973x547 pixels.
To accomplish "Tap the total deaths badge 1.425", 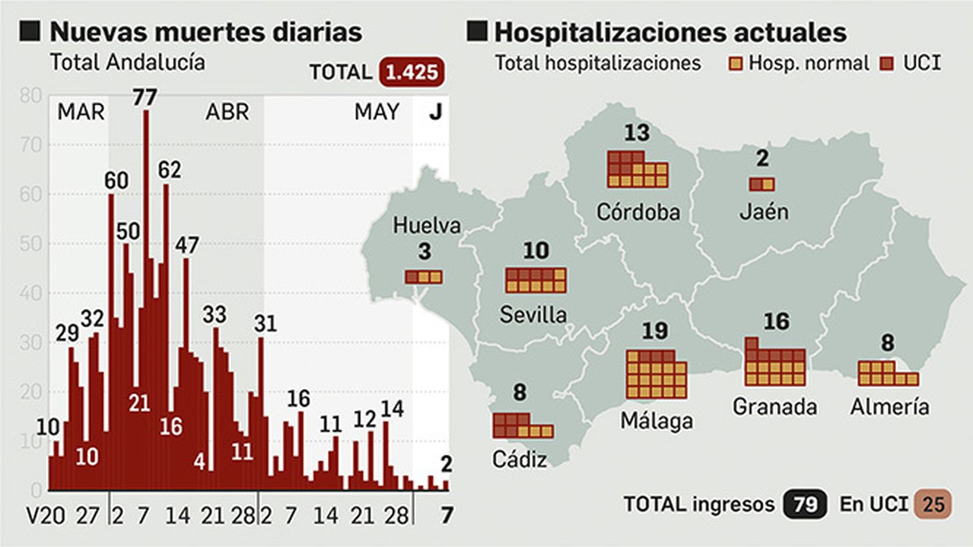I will [412, 72].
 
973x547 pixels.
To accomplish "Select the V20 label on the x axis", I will [46, 516].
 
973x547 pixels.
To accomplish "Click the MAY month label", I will [377, 112].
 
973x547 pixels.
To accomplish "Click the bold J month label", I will [435, 112].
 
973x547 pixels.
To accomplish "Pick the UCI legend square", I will [888, 64].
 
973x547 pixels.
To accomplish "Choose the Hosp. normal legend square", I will [735, 64].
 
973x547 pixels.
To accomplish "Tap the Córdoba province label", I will [638, 212].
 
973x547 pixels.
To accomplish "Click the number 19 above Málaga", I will [655, 331].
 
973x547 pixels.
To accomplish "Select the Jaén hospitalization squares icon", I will [762, 184].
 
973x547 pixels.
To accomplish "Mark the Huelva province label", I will [426, 225].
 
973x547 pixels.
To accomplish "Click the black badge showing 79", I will [805, 504].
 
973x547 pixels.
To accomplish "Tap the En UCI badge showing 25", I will [933, 504].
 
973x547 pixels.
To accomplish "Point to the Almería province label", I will [890, 407].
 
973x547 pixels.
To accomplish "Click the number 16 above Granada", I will [777, 322].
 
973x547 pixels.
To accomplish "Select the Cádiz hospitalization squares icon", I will [523, 425].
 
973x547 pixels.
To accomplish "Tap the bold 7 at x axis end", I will [447, 515].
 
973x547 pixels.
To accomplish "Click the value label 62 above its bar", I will [170, 170].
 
